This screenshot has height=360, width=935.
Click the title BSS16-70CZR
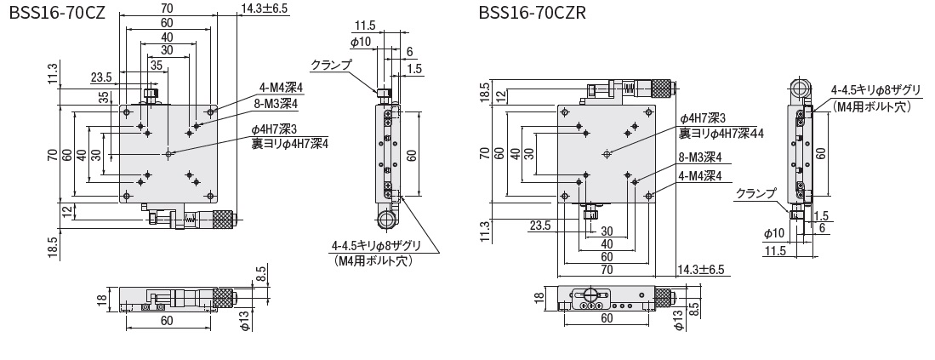532,13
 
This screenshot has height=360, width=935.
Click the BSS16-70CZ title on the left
55,13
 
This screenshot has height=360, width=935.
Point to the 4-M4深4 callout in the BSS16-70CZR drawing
700,176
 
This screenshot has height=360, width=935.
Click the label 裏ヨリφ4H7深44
721,133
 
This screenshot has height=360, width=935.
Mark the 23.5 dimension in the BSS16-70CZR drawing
539,226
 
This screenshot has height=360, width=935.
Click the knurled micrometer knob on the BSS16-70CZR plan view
659,87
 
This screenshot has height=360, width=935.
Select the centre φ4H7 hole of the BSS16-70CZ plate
168,153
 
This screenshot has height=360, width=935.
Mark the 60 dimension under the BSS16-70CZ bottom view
166,321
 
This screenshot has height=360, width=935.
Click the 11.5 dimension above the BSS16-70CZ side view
365,25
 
